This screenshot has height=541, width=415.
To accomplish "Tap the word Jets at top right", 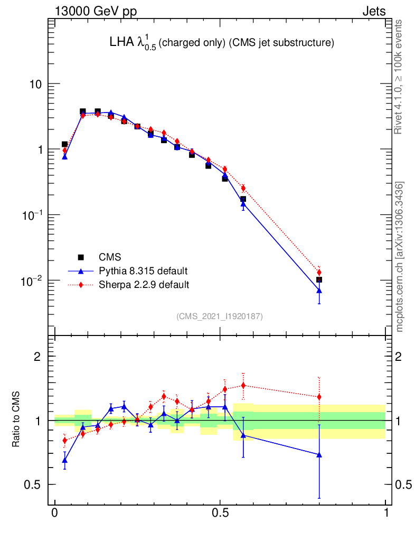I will (x=373, y=12).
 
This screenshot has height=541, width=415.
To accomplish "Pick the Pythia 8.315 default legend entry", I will (x=143, y=271).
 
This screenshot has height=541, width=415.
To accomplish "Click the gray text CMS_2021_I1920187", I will (x=220, y=316).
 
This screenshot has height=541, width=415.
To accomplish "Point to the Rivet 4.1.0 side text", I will (x=400, y=77).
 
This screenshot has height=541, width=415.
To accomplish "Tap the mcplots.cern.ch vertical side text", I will (x=400, y=257).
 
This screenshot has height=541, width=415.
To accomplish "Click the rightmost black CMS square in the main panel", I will (x=319, y=279).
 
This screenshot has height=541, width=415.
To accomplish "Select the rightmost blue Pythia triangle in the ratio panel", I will (x=319, y=454).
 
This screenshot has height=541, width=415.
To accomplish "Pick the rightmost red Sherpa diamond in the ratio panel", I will (x=319, y=397).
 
